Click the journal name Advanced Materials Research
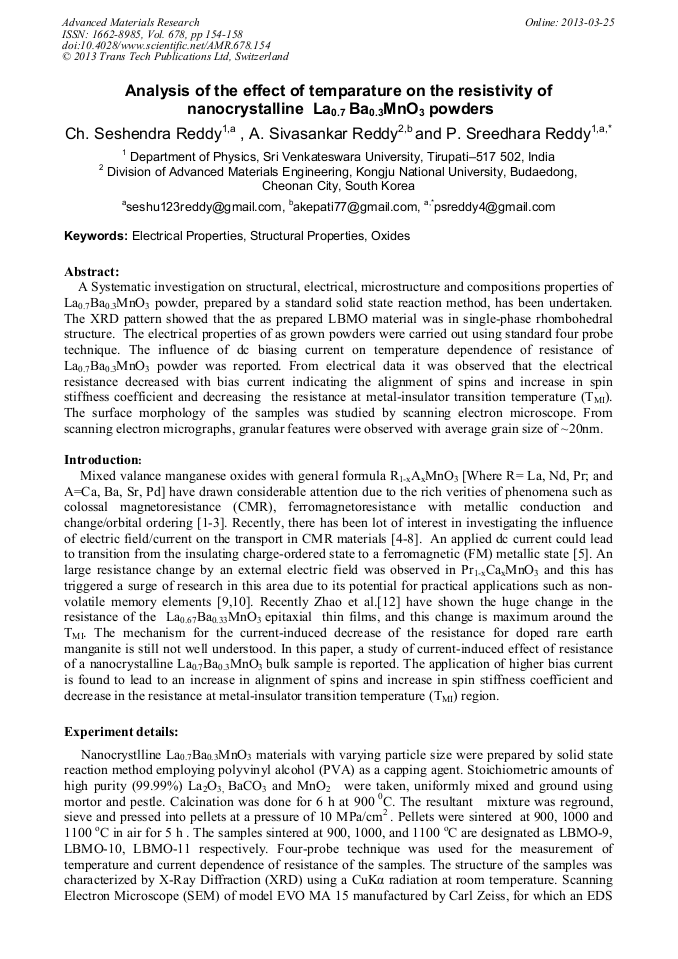pyautogui.click(x=130, y=22)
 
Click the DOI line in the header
pyautogui.click(x=165, y=46)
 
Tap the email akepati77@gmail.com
pyautogui.click(x=356, y=207)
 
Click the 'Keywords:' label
pyautogui.click(x=96, y=236)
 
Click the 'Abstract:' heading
pyautogui.click(x=92, y=271)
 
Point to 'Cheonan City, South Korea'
pyautogui.click(x=338, y=185)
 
